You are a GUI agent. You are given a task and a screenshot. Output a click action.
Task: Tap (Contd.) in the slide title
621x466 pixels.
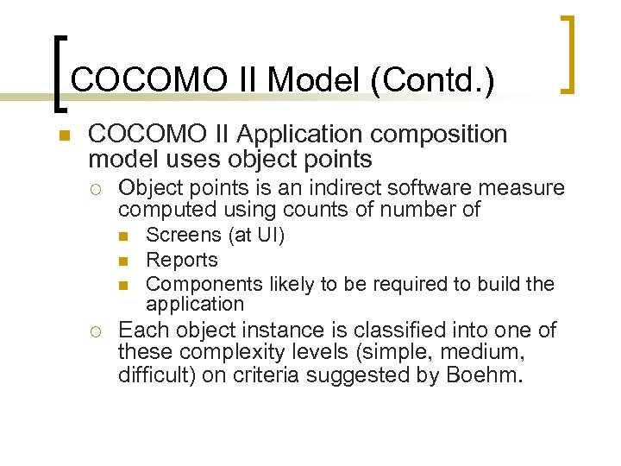coord(432,81)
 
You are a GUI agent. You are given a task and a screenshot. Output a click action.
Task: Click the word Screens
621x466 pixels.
coord(184,235)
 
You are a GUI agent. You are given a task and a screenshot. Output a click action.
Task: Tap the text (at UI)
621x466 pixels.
coord(255,235)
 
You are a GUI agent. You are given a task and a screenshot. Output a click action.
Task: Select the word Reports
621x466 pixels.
coord(182,260)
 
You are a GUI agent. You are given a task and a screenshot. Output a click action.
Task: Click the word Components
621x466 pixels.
coord(205,284)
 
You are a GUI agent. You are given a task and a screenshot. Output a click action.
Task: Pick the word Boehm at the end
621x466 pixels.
coord(481,376)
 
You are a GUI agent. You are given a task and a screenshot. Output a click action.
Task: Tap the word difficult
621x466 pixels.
coord(151,376)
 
